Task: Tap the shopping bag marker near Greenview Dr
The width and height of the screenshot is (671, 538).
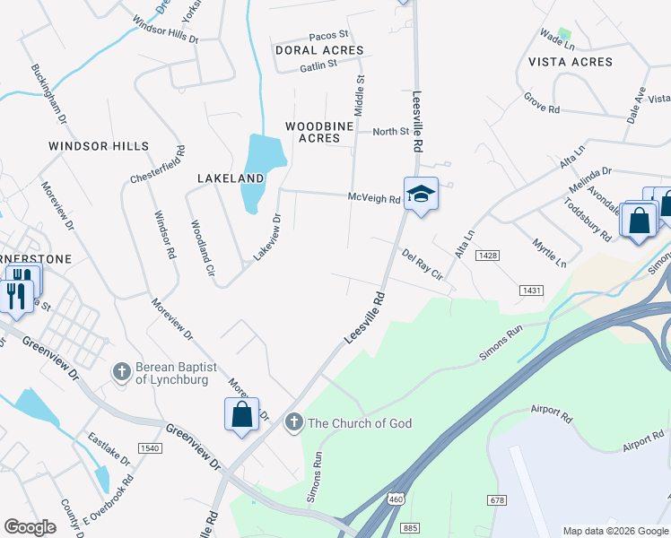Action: (x=241, y=414)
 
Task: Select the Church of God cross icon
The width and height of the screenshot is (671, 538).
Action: (x=293, y=422)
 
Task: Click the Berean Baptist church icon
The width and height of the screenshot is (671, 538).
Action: (x=123, y=370)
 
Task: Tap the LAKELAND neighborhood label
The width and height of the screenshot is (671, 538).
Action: (x=231, y=178)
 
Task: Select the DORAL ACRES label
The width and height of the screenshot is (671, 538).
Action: (x=319, y=50)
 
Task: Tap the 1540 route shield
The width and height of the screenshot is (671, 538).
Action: (x=148, y=447)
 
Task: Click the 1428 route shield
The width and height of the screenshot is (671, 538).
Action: (x=513, y=256)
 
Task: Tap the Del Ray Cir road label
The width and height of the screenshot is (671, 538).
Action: (x=423, y=265)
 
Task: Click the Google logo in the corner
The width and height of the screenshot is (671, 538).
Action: (x=30, y=526)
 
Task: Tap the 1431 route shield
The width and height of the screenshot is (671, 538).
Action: (x=531, y=291)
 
